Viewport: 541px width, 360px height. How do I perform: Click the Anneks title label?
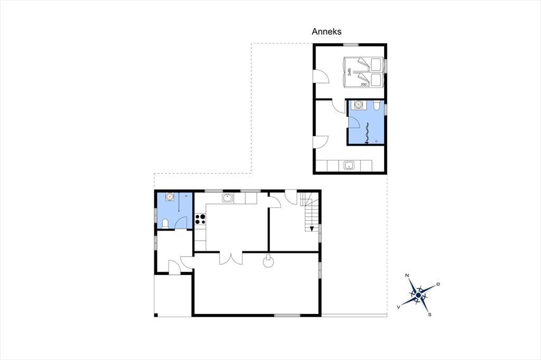pyautogui.click(x=327, y=31)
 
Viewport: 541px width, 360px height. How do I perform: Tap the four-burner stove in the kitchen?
pyautogui.click(x=200, y=219)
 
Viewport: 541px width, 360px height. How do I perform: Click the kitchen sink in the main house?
pyautogui.click(x=227, y=198)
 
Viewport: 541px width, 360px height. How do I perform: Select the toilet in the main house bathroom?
pyautogui.click(x=165, y=224)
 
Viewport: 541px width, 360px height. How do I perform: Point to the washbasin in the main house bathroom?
pyautogui.click(x=170, y=197)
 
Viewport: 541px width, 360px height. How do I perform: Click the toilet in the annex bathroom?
pyautogui.click(x=376, y=105)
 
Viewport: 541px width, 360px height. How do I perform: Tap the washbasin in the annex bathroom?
pyautogui.click(x=358, y=105)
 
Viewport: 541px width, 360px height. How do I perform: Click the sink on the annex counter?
pyautogui.click(x=349, y=166)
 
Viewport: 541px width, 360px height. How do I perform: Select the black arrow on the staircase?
pyautogui.click(x=312, y=228)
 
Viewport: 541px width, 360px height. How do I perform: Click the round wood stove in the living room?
pyautogui.click(x=268, y=261)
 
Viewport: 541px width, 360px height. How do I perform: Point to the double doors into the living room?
pyautogui.click(x=231, y=258)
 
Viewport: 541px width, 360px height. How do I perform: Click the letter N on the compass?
pyautogui.click(x=407, y=275)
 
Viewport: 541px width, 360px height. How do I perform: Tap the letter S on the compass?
pyautogui.click(x=430, y=315)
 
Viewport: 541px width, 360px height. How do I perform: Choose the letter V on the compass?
pyautogui.click(x=399, y=307)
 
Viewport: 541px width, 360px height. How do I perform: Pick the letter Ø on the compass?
pyautogui.click(x=438, y=284)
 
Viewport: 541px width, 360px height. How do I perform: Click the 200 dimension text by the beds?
pyautogui.click(x=363, y=84)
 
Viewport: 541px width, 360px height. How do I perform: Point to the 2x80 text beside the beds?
pyautogui.click(x=349, y=72)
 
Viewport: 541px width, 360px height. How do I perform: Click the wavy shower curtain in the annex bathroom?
pyautogui.click(x=367, y=132)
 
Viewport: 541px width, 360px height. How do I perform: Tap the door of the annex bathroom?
pyautogui.click(x=353, y=121)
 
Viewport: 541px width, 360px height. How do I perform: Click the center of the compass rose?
pyautogui.click(x=418, y=295)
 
